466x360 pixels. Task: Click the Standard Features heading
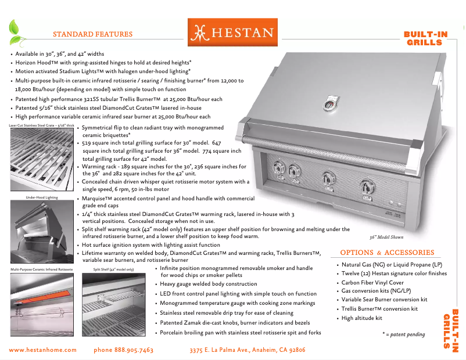(92, 34)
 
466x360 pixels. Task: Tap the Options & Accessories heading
(387, 253)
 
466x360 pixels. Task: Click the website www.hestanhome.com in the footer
(43, 350)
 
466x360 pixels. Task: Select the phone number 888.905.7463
(123, 350)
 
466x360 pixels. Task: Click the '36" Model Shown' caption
(386, 237)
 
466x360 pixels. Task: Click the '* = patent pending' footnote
(403, 334)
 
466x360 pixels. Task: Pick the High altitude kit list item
(361, 318)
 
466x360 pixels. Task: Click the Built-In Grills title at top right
(425, 38)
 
